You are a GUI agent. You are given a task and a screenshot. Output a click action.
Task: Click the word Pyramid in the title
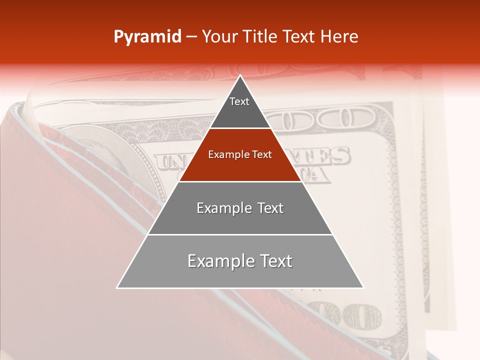tap(147, 37)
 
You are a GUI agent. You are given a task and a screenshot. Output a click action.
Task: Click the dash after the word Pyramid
tap(191, 37)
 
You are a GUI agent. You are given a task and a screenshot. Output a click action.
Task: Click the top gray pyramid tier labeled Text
tap(239, 107)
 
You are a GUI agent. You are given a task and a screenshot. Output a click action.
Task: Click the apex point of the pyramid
tap(240, 76)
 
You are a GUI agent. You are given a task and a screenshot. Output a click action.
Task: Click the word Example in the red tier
tap(225, 155)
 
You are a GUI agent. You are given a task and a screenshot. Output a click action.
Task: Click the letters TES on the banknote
tap(327, 156)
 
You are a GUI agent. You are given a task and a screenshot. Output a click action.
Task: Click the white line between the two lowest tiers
tap(240, 234)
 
